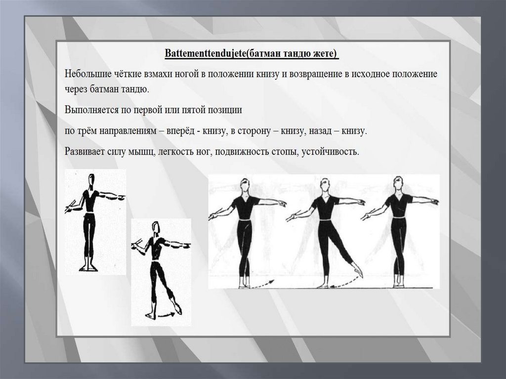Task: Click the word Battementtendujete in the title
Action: pos(205,53)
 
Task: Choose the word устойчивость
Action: pos(330,151)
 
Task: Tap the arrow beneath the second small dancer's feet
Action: pos(168,314)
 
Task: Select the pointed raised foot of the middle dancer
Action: pos(358,272)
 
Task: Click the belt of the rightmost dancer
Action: pos(399,217)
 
